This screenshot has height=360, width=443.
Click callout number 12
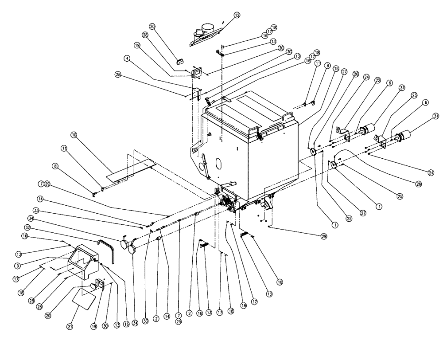(237, 16)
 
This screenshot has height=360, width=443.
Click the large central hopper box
(248, 146)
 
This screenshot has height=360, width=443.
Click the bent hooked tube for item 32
(108, 248)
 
